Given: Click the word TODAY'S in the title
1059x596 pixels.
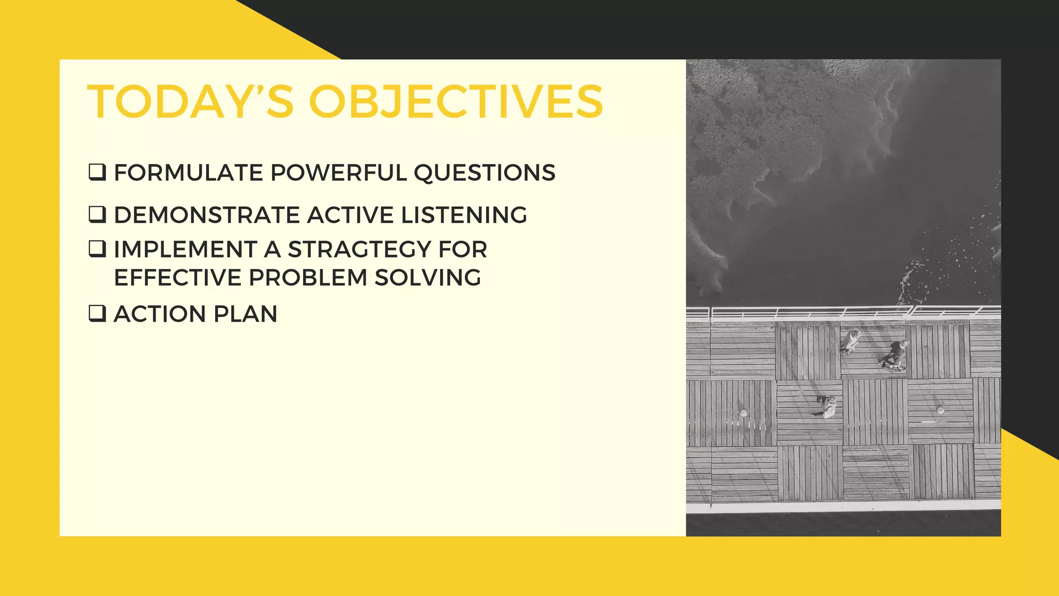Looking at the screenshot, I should coord(191,101).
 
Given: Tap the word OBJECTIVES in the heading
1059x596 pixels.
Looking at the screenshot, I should coord(456,101).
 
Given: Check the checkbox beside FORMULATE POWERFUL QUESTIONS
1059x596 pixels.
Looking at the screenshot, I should coord(97,172).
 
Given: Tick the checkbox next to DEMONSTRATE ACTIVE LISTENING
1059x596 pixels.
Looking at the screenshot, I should coord(97,214).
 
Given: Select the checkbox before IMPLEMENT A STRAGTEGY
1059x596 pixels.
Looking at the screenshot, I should coord(97,249).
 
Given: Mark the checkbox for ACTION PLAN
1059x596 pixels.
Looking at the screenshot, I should coord(97,314).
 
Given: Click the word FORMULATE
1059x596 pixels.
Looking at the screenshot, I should coord(188,173).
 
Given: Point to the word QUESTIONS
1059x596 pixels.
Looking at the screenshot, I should coord(485,173).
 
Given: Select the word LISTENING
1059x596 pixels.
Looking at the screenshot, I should coord(464,215).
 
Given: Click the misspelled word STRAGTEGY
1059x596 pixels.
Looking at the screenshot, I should coord(359,249).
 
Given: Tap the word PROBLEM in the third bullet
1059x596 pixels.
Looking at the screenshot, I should coord(308,278).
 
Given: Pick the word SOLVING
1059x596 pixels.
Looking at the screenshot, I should coord(428,278).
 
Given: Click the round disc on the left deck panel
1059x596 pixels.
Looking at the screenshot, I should coord(744,413).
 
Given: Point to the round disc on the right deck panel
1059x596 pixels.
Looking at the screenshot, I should coord(940,410).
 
